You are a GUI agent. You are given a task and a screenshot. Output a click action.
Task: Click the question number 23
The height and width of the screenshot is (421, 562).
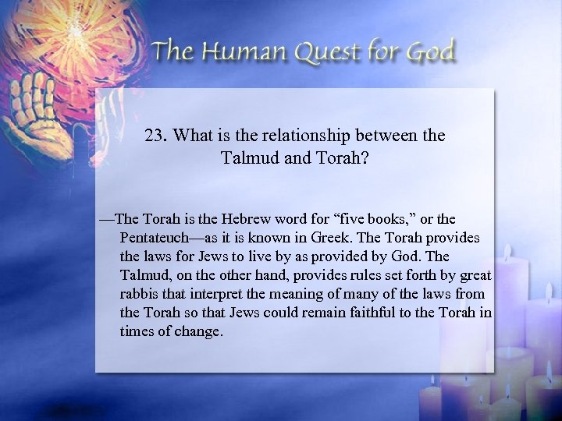tap(155, 135)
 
